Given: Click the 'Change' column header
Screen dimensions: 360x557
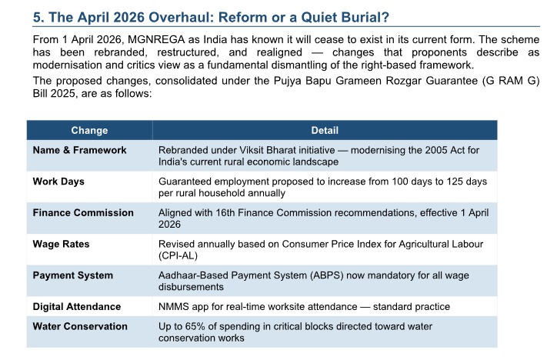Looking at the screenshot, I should (89, 131).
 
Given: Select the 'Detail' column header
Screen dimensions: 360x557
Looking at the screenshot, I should (324, 131).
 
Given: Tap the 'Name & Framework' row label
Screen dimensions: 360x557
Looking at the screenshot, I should (79, 150).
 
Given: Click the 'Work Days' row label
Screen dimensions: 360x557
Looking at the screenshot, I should (58, 182).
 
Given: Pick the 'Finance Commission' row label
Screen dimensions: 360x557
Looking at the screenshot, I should (83, 213).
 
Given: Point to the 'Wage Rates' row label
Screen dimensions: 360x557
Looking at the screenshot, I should (61, 244).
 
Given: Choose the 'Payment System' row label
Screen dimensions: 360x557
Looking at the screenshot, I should (72, 275).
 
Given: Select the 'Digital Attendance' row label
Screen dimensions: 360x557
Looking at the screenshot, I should (76, 306).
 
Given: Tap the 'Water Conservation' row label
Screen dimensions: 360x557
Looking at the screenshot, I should (80, 326).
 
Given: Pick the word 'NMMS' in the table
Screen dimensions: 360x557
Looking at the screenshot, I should (175, 306).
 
